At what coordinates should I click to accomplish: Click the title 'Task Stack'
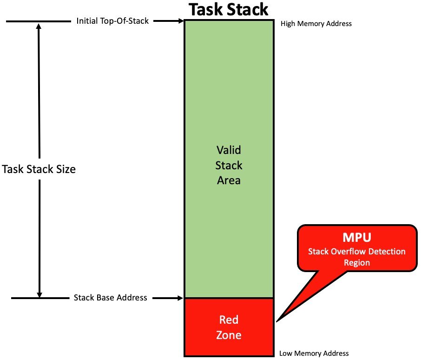coord(228,9)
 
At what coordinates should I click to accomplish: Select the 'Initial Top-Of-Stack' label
coord(113,21)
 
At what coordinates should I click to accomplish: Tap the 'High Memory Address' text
coord(316,23)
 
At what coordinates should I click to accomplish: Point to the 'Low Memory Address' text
coord(314,353)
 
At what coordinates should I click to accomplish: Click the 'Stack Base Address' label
coord(111,298)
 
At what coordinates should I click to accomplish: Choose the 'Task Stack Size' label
coord(39,169)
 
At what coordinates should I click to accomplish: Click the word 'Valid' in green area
coord(229,150)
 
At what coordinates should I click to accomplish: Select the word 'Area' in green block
coord(229,180)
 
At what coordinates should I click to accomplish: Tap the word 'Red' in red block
coord(229,320)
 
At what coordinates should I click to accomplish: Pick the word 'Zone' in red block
coord(229,335)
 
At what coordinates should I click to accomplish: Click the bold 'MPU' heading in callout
coord(357,238)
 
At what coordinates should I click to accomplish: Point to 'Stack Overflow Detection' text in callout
coord(357,252)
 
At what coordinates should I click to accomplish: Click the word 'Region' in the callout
coord(357,262)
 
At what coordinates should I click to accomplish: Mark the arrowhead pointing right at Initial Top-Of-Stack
coord(181,21)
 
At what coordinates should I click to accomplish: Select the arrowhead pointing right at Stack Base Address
coord(181,298)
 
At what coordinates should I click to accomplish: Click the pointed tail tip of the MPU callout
coord(278,320)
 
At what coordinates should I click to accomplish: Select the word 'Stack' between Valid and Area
coord(229,166)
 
